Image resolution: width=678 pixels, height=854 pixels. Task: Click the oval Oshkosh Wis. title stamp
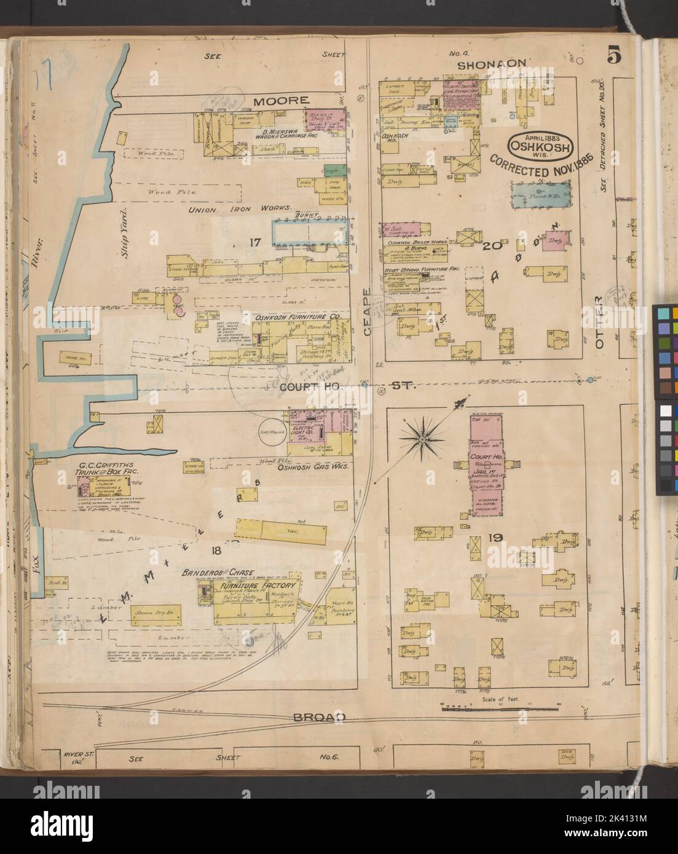click(x=541, y=146)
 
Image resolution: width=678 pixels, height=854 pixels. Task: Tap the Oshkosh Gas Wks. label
click(x=313, y=467)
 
